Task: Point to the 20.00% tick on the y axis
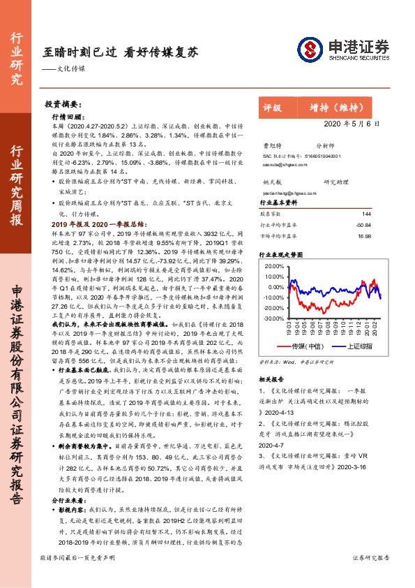(x=275, y=266)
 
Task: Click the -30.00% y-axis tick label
(x=274, y=318)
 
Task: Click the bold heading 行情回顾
(x=68, y=117)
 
